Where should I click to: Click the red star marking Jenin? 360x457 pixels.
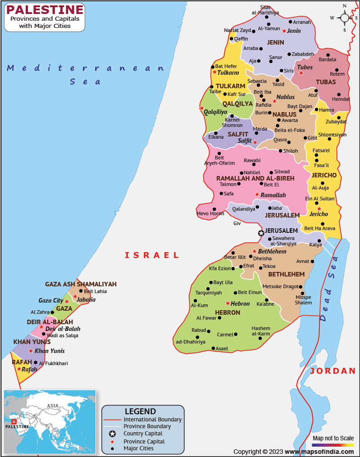[284, 31]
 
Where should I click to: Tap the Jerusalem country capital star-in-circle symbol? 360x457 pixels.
[261, 233]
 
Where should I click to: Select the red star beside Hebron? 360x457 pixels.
[228, 303]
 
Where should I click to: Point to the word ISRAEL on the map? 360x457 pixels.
[152, 255]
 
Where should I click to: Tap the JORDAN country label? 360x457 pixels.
[333, 371]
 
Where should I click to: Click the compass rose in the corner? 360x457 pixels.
[345, 18]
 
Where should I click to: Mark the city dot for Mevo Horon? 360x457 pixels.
[214, 209]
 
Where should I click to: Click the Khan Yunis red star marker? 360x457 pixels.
[31, 351]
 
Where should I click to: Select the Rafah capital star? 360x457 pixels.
[19, 369]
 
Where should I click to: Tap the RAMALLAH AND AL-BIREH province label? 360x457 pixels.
[255, 178]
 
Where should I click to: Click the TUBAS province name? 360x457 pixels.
[326, 82]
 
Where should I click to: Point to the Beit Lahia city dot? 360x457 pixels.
[80, 291]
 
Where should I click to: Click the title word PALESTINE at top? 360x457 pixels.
[45, 9]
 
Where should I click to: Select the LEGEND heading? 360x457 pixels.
[140, 411]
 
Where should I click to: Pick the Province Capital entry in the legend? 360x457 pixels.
[144, 442]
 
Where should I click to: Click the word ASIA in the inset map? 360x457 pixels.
[53, 406]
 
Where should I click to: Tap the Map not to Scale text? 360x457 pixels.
[333, 438]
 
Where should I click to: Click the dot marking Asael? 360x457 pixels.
[213, 348]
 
